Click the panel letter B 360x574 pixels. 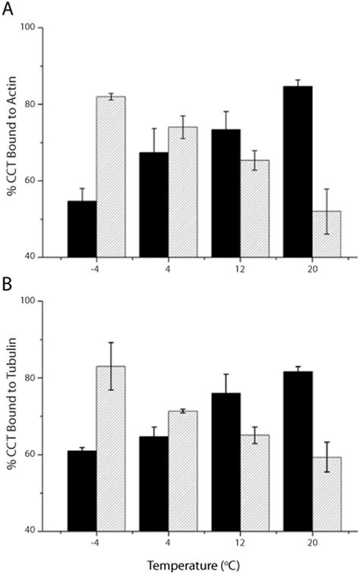(x=8, y=287)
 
